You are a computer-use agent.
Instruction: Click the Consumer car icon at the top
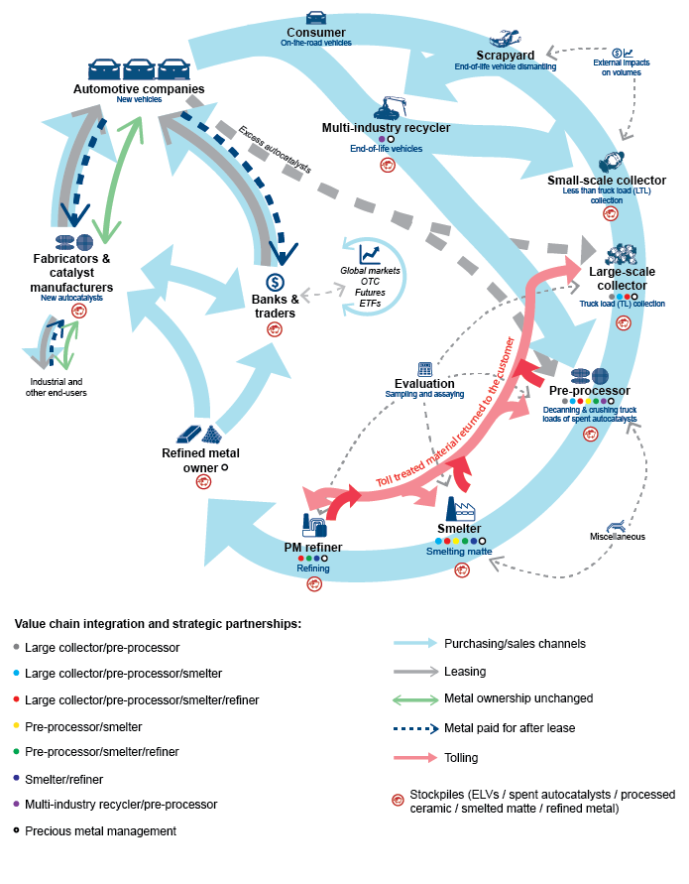coord(315,17)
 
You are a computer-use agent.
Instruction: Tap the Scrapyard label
coord(505,55)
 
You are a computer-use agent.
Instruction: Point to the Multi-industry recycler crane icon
coord(388,108)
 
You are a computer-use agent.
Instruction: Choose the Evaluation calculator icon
coord(424,368)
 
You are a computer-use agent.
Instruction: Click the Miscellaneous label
coord(617,537)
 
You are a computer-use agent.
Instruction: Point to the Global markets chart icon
coord(371,255)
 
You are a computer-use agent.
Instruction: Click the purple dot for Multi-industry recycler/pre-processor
coord(18,805)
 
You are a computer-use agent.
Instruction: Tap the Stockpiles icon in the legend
coord(399,796)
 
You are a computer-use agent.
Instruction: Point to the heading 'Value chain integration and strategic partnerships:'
coord(158,624)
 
